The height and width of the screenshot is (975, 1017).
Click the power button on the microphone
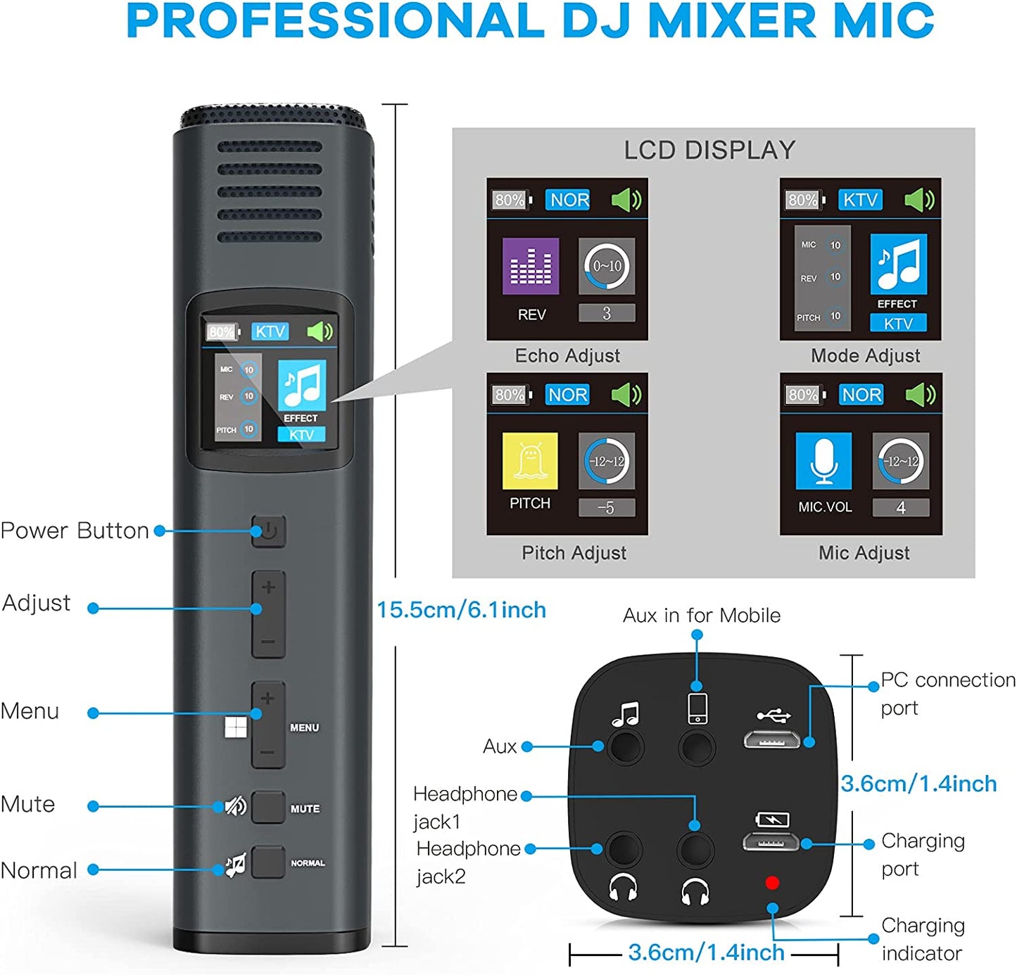(269, 530)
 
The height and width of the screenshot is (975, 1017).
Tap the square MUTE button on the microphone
(268, 807)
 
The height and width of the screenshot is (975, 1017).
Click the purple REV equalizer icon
(531, 266)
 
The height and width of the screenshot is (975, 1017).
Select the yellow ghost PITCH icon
(530, 461)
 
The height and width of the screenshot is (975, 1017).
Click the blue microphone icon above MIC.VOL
(823, 461)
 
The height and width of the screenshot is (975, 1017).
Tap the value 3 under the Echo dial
(607, 313)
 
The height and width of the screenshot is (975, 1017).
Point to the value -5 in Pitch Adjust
(606, 508)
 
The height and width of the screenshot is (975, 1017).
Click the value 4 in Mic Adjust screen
(901, 508)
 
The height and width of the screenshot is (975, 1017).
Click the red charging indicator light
(772, 883)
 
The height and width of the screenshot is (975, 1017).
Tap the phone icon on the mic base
(697, 708)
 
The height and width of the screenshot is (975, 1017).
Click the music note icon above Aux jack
(625, 715)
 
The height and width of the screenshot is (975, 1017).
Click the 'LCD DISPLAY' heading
(709, 150)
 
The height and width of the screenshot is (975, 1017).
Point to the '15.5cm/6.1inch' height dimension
(461, 610)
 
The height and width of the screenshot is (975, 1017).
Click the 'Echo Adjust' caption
(567, 356)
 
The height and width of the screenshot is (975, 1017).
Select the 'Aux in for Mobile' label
(701, 616)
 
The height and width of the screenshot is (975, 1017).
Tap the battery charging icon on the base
(772, 820)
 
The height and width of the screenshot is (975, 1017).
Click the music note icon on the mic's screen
(302, 385)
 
